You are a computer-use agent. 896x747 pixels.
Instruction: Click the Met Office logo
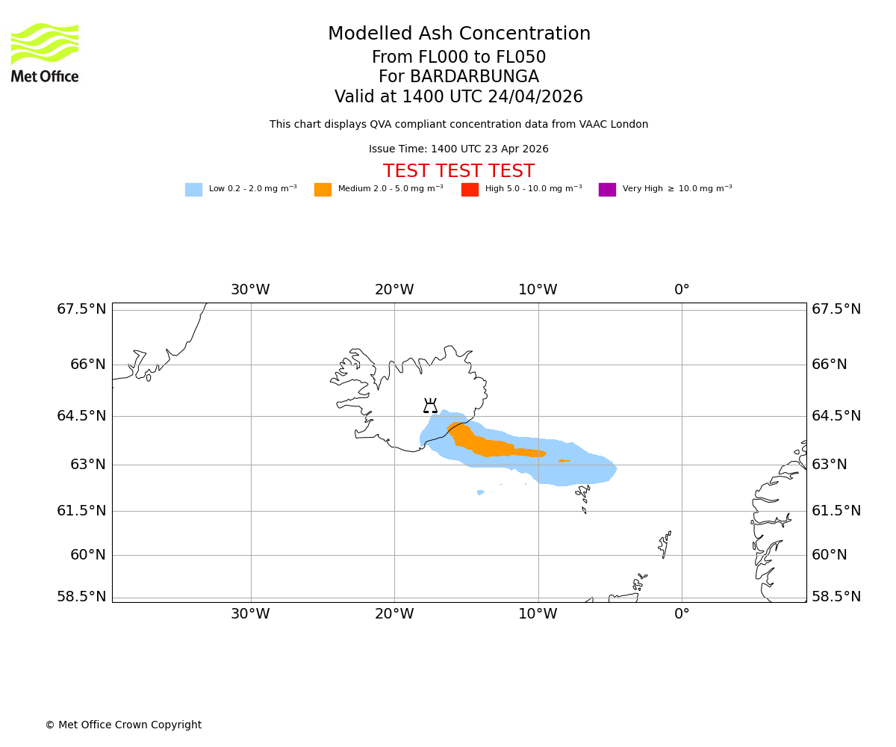pyautogui.click(x=45, y=52)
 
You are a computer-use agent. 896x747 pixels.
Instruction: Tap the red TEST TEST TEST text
pyautogui.click(x=458, y=171)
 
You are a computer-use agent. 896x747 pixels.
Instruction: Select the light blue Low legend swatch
pyautogui.click(x=193, y=190)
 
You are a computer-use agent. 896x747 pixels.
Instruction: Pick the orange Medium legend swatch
pyautogui.click(x=323, y=190)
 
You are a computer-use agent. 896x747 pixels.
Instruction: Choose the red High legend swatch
pyautogui.click(x=470, y=190)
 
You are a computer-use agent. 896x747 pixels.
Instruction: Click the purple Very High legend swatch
pyautogui.click(x=607, y=190)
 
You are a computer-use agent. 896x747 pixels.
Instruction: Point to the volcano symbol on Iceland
pyautogui.click(x=430, y=406)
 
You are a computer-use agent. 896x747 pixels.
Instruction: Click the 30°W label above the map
pyautogui.click(x=250, y=290)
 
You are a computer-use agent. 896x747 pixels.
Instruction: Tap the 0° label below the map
pyautogui.click(x=682, y=614)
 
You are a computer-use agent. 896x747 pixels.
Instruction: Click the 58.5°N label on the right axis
pyautogui.click(x=836, y=597)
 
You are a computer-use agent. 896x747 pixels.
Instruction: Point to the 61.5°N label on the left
pyautogui.click(x=81, y=511)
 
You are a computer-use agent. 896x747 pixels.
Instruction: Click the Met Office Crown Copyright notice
pyautogui.click(x=123, y=725)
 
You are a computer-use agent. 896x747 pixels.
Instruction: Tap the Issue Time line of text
pyautogui.click(x=458, y=149)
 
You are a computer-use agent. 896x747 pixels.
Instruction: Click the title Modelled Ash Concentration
pyautogui.click(x=459, y=34)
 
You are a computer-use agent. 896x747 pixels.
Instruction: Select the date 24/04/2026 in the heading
pyautogui.click(x=535, y=97)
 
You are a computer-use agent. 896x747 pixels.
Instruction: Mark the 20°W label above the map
pyautogui.click(x=394, y=290)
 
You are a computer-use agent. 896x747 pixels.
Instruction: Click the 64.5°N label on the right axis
pyautogui.click(x=836, y=416)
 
